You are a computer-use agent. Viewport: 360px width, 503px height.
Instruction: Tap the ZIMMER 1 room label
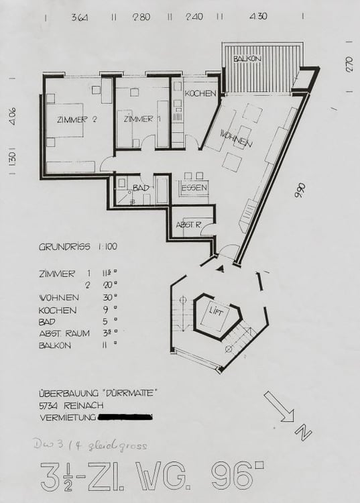point(143,119)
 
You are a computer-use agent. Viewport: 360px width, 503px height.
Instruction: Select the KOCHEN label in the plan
point(199,93)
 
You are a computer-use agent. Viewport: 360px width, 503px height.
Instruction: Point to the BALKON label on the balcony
point(247,60)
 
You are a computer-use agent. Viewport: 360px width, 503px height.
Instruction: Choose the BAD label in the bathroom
point(140,187)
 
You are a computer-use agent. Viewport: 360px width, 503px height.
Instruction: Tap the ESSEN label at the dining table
point(194,188)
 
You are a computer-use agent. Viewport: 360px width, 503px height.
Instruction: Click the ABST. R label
point(187,224)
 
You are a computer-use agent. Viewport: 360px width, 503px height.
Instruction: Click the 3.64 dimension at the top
point(79,17)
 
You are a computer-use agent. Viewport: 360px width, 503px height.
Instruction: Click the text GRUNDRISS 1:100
point(78,247)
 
